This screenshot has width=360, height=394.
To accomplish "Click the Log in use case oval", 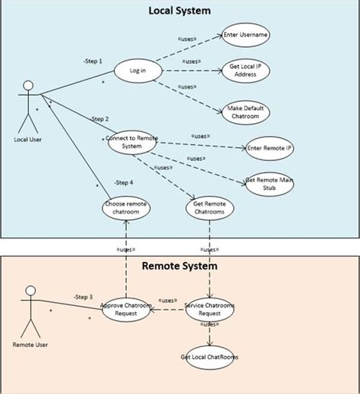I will point(137,71).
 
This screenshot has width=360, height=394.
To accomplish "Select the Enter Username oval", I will point(246,35).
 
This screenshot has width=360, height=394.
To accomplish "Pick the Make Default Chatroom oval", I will point(245,112).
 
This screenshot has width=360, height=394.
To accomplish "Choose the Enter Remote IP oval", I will point(270,148).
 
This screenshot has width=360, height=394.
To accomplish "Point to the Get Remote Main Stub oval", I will point(270,184).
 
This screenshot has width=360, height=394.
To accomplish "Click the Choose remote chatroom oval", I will point(126,208).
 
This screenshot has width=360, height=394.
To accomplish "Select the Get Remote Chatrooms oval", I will point(210,208).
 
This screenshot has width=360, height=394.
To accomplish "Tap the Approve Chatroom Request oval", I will point(127,310).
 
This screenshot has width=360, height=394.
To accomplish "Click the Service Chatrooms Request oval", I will point(209,310).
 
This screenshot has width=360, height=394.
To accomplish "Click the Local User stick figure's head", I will point(29,84).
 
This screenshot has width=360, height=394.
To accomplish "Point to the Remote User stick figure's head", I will point(30,292).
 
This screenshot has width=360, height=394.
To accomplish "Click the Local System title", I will point(180,11).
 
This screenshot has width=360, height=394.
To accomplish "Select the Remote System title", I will point(180,266).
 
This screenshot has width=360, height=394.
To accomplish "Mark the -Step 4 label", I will point(124,182).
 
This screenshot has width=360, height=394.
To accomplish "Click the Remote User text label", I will point(30,344).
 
